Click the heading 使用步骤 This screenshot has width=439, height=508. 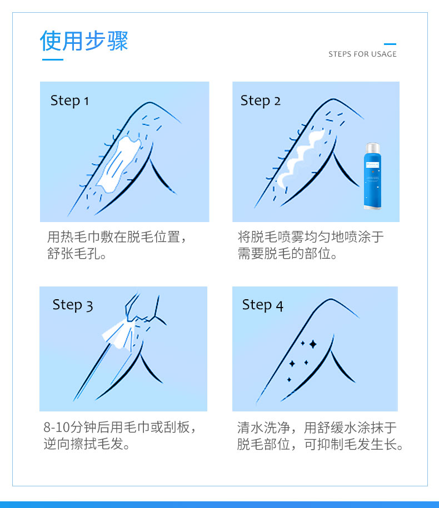[84, 41]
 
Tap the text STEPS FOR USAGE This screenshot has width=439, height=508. [362, 54]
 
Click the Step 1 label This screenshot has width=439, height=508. [69, 100]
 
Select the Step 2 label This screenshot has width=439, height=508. [261, 100]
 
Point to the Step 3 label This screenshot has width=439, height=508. [73, 305]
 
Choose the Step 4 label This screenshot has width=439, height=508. [263, 305]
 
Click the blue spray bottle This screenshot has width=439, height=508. [372, 176]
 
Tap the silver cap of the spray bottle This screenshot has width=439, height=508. [372, 148]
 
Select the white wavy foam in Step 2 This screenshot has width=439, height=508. [300, 159]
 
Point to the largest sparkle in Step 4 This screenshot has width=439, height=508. [313, 344]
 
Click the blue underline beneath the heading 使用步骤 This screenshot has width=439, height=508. [53, 59]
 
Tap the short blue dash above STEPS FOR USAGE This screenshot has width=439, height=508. [390, 44]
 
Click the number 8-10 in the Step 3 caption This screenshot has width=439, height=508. [57, 427]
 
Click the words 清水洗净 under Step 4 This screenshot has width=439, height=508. [263, 427]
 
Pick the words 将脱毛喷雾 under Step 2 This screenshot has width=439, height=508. [271, 237]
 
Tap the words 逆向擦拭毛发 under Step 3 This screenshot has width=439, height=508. [83, 444]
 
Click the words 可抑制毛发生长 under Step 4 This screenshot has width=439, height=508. [350, 444]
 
